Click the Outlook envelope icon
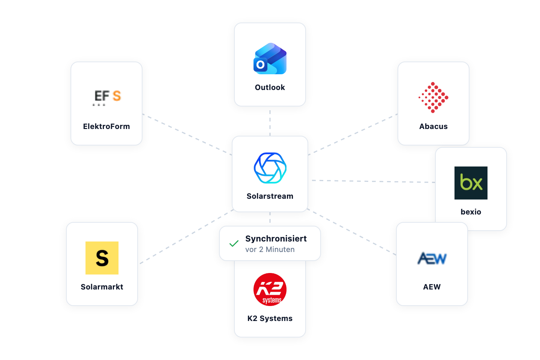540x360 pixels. point(270,58)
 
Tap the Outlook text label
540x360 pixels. point(270,87)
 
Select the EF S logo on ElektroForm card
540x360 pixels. point(106,97)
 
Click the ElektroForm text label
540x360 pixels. point(106,126)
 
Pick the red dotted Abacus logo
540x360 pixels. point(433,97)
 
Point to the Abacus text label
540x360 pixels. point(433,126)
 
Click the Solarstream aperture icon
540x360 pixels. point(270,168)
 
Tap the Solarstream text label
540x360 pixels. point(270,196)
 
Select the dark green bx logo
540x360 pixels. point(471,183)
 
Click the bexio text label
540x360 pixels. point(471,212)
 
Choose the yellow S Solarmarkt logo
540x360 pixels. point(102,258)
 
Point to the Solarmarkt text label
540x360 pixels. point(102,287)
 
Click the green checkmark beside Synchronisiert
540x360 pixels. point(234,243)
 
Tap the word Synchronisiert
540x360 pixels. point(276,238)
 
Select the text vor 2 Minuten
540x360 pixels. point(270,249)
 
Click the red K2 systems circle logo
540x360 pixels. point(270,289)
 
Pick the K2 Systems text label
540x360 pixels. point(270,318)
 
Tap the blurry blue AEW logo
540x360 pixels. point(432,258)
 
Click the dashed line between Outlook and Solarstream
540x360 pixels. point(270,123)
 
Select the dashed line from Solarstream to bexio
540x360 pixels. point(373,181)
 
